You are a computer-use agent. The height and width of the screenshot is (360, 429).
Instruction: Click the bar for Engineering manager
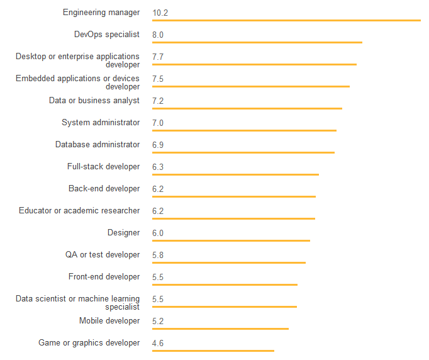[x=286, y=21]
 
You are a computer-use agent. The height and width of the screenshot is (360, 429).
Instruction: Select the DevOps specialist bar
[x=257, y=43]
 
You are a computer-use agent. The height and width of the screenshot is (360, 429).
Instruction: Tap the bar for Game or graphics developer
[x=213, y=351]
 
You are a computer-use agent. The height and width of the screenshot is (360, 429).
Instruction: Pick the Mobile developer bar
[x=220, y=329]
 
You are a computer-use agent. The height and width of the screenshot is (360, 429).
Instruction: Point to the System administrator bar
[x=244, y=131]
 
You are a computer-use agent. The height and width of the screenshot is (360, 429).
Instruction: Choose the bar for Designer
[x=231, y=240]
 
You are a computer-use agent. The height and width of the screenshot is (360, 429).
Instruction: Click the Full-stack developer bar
[x=235, y=174]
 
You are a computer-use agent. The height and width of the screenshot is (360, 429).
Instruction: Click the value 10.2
[x=160, y=13]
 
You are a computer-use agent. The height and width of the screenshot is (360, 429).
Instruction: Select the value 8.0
[x=158, y=35]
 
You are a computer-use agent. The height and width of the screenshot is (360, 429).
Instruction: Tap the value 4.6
[x=158, y=343]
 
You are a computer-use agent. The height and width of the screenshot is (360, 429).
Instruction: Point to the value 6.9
[x=158, y=145]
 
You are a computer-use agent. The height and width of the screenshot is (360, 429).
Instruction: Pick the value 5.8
[x=158, y=255]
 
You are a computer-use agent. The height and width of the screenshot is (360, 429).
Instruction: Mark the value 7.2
[x=158, y=101]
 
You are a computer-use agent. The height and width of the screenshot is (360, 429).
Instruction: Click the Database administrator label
[x=97, y=145]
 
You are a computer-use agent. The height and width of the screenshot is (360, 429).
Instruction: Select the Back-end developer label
[x=104, y=189]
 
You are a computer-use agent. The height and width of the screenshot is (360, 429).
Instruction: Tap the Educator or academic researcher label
[x=79, y=211]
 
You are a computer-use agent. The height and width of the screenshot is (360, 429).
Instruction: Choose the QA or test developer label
[x=103, y=255]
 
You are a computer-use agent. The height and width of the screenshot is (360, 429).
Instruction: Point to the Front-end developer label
[x=104, y=277]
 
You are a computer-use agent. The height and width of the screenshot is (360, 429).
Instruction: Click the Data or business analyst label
[x=94, y=101]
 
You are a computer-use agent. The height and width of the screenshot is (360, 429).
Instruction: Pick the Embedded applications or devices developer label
[x=78, y=82]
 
